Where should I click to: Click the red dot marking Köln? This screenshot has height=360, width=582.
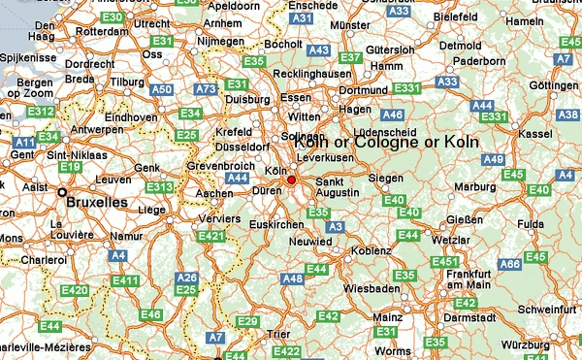point(291,180)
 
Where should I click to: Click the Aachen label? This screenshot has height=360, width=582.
point(214,193)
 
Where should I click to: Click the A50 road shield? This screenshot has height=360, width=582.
point(162,90)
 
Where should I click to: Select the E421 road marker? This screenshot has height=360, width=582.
point(210,236)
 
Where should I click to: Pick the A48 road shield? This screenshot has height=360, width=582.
point(292,278)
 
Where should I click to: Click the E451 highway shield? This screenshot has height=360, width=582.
point(444,262)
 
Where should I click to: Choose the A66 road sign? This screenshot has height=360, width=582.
point(510,264)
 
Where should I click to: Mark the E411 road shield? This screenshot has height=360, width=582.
point(125,280)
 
